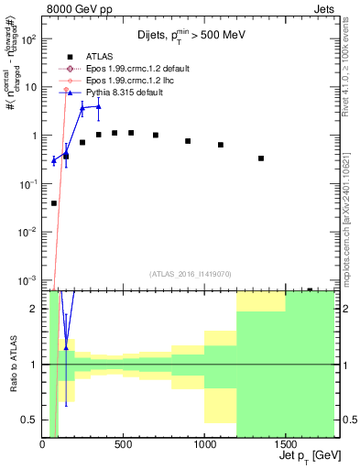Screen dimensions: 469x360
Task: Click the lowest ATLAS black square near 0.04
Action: click(x=54, y=203)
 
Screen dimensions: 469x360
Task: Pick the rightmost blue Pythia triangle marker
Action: click(x=98, y=106)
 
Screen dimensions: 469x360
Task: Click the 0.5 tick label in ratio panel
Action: click(x=33, y=420)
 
